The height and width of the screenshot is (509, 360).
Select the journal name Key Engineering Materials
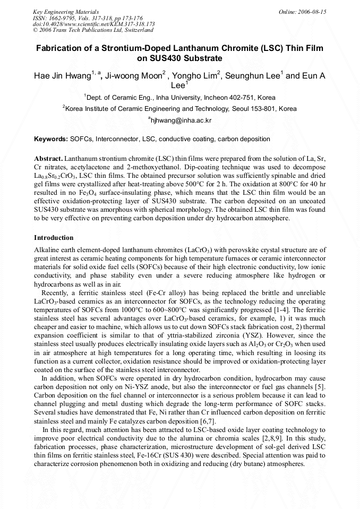tap(66, 12)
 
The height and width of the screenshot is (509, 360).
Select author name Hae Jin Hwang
tap(62, 76)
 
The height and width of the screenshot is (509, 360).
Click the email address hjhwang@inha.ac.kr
tap(181, 120)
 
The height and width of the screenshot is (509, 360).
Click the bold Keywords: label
tap(50, 139)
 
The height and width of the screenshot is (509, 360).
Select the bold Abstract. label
tap(48, 159)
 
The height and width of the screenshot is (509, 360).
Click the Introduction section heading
tap(54, 237)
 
